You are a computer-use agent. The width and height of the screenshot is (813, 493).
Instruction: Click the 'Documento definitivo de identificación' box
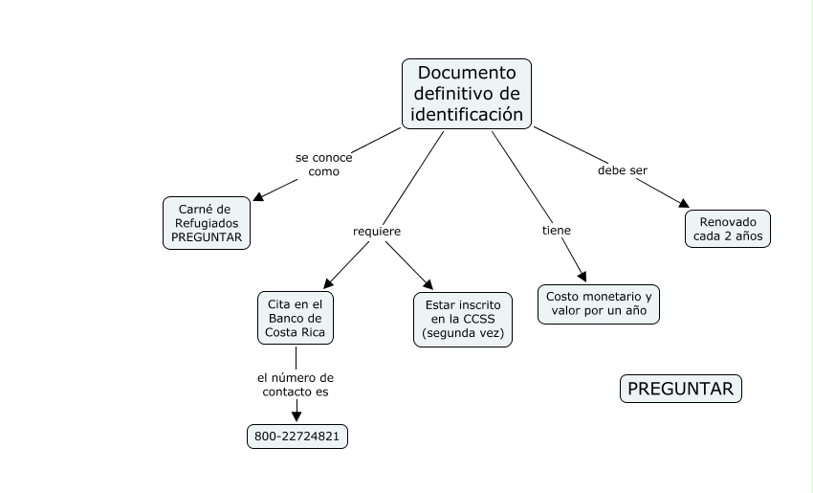(467, 94)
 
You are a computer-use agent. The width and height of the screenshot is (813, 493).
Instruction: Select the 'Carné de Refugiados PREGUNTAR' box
(207, 223)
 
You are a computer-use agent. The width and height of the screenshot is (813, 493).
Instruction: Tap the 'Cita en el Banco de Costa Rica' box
(296, 318)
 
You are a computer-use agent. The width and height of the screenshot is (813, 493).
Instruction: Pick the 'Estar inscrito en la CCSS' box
(463, 320)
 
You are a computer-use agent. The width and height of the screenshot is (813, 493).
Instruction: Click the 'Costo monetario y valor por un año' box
(599, 304)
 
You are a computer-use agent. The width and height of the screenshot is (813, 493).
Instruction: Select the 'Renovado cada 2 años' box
(728, 229)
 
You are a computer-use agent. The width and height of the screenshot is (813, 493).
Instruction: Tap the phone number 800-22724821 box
(297, 437)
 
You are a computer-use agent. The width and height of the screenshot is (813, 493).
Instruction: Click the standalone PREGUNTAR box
(681, 389)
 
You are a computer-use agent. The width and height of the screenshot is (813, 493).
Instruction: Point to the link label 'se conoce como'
(324, 165)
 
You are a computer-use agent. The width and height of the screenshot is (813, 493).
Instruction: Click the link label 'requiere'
(377, 232)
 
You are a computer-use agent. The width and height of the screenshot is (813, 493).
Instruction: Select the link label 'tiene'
(557, 231)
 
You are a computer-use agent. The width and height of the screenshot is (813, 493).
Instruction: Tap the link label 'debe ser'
(623, 170)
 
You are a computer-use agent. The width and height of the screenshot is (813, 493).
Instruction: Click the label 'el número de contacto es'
(296, 385)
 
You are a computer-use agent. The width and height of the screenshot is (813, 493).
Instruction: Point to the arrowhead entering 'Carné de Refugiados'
(258, 196)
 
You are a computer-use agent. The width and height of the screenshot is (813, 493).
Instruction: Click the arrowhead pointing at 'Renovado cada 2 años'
(683, 204)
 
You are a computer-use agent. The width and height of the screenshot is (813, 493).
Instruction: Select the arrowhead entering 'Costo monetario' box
(582, 277)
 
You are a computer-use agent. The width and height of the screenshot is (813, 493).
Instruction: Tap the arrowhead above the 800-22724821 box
(297, 416)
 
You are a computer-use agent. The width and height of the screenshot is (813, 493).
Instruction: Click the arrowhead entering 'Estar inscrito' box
(428, 284)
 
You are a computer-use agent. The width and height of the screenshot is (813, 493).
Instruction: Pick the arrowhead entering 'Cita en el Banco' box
(328, 283)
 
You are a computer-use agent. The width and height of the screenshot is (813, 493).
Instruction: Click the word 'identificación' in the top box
(467, 114)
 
